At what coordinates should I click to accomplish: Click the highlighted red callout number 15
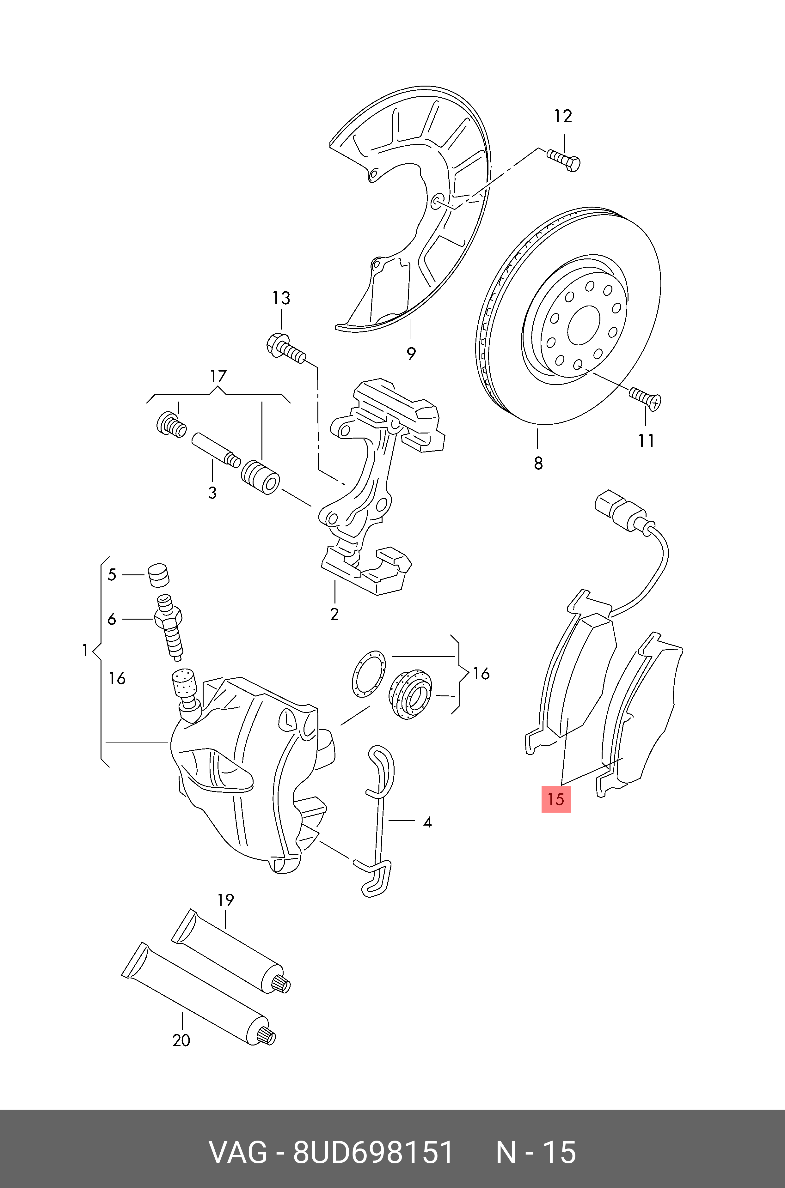point(556,799)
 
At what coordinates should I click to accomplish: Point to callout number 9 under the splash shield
point(411,354)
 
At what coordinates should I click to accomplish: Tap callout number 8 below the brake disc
point(538,464)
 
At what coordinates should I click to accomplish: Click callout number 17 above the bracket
point(218,376)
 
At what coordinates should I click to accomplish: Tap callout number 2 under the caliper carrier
point(334,614)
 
